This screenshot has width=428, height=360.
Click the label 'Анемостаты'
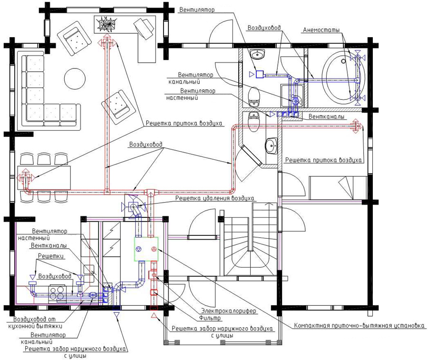pyautogui.click(x=321, y=30)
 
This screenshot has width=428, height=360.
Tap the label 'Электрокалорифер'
pyautogui.click(x=228, y=311)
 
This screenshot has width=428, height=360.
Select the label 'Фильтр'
pyautogui.click(x=210, y=318)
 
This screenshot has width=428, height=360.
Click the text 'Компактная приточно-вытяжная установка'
pyautogui.click(x=359, y=326)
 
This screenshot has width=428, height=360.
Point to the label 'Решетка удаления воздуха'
pyautogui.click(x=214, y=198)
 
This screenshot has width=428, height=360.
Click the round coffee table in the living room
pyautogui.click(x=75, y=78)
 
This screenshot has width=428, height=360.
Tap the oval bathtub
pyautogui.click(x=343, y=77)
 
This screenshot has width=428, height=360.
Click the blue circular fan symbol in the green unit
pyautogui.click(x=139, y=249)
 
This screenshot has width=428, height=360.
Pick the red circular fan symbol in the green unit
pyautogui.click(x=154, y=249)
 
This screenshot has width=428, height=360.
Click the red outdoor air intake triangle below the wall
pyautogui.click(x=154, y=316)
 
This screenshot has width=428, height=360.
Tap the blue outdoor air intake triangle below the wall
pyautogui.click(x=117, y=315)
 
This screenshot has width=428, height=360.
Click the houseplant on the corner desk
pyautogui.click(x=107, y=23)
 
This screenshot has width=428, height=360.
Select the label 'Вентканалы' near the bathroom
pyautogui.click(x=326, y=117)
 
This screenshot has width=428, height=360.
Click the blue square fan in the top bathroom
pyautogui.click(x=259, y=74)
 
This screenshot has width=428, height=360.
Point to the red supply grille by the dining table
pyautogui.click(x=25, y=178)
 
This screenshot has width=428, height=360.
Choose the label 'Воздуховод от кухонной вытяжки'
pyautogui.click(x=38, y=322)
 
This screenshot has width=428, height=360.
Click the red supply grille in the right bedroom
pyautogui.click(x=356, y=126)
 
